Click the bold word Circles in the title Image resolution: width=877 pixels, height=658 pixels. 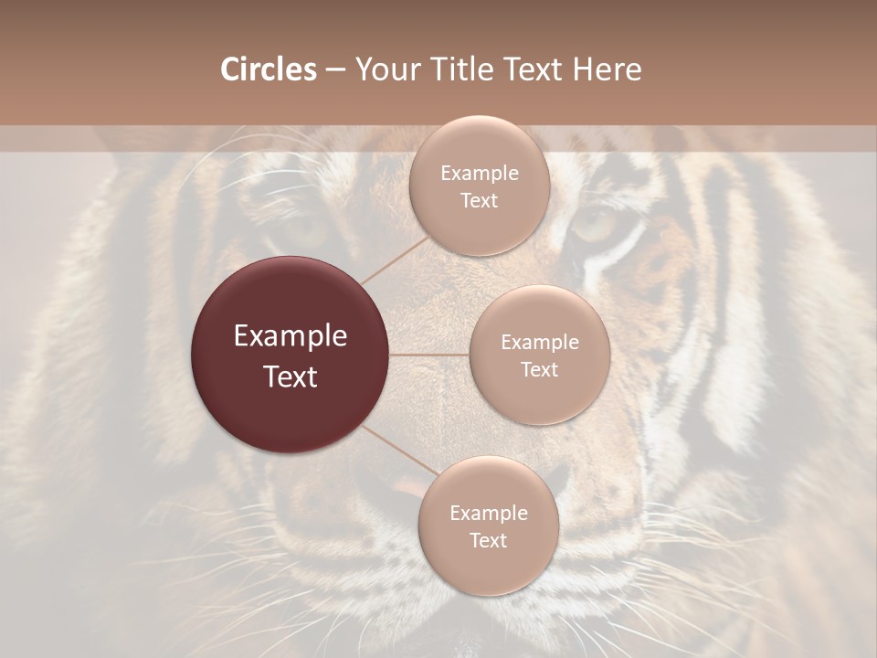(269, 69)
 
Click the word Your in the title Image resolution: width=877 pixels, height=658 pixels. (385, 69)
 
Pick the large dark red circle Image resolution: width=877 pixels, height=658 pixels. (291, 355)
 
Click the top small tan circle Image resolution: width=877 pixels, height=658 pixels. (479, 186)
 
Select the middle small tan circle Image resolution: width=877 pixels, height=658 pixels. (539, 355)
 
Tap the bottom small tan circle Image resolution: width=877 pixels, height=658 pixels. (488, 526)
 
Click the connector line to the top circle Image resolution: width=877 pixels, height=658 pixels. (396, 259)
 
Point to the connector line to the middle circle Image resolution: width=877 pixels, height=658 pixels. (429, 354)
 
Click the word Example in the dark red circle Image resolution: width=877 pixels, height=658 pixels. (291, 335)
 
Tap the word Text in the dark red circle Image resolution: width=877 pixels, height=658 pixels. (291, 376)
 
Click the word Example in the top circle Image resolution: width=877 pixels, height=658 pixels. (479, 173)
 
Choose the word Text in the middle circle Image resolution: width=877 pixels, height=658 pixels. (539, 369)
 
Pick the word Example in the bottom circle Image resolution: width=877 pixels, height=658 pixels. (488, 513)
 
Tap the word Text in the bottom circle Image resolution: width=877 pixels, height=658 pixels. (488, 540)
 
